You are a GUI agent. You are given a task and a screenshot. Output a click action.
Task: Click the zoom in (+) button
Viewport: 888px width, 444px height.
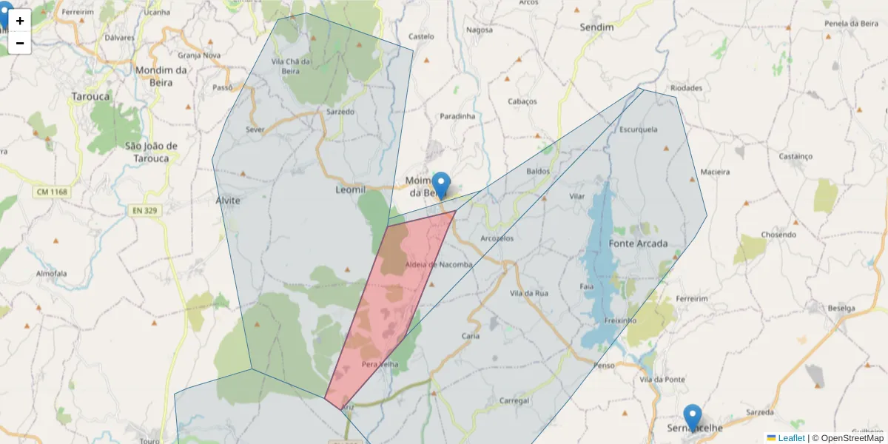click(x=20, y=21)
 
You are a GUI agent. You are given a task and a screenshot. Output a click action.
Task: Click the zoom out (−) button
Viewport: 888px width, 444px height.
click(x=20, y=43)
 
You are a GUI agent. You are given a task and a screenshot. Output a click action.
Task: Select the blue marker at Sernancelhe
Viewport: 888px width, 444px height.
click(x=693, y=417)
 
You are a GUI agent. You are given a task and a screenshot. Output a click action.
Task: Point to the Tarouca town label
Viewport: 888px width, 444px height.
click(x=90, y=96)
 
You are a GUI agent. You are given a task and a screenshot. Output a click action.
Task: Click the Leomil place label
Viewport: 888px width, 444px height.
click(x=351, y=190)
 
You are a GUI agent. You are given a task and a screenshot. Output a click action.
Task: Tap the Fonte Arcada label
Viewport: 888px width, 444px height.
click(x=638, y=243)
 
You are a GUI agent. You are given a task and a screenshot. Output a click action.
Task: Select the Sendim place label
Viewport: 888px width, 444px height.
click(x=596, y=27)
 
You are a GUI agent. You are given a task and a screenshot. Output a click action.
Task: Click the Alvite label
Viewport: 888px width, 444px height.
click(x=228, y=201)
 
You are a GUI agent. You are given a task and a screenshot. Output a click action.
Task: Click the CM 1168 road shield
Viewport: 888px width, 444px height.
click(x=51, y=192)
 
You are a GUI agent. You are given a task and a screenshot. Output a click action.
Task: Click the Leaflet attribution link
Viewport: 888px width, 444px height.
click(x=791, y=438)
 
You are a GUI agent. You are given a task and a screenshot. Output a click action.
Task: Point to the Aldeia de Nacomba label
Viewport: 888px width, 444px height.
click(x=440, y=265)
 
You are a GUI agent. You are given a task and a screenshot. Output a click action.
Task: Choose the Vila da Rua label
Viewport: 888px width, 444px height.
click(x=529, y=294)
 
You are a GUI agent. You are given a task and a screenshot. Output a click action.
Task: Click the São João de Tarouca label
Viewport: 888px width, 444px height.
click(x=151, y=152)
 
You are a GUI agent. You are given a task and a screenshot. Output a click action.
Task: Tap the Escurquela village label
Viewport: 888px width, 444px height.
click(x=639, y=129)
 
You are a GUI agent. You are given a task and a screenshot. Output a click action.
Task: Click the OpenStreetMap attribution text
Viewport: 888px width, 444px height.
click(x=848, y=438)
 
